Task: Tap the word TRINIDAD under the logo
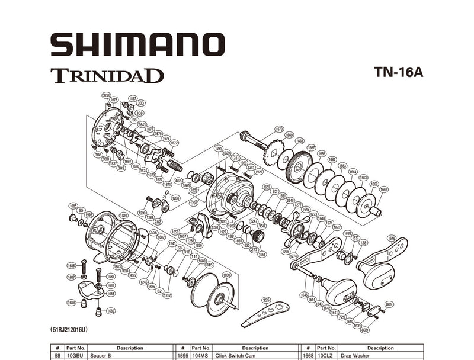pos(107,76)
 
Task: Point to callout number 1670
pos(279,128)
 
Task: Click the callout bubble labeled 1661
pos(384,189)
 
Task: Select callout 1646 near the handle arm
pos(392,237)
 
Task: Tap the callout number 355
pos(266,300)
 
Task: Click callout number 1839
pos(123,215)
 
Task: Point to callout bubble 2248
pos(290,200)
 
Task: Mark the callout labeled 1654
pos(262,254)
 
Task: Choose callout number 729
pos(342,317)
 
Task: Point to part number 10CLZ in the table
pos(326,355)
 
